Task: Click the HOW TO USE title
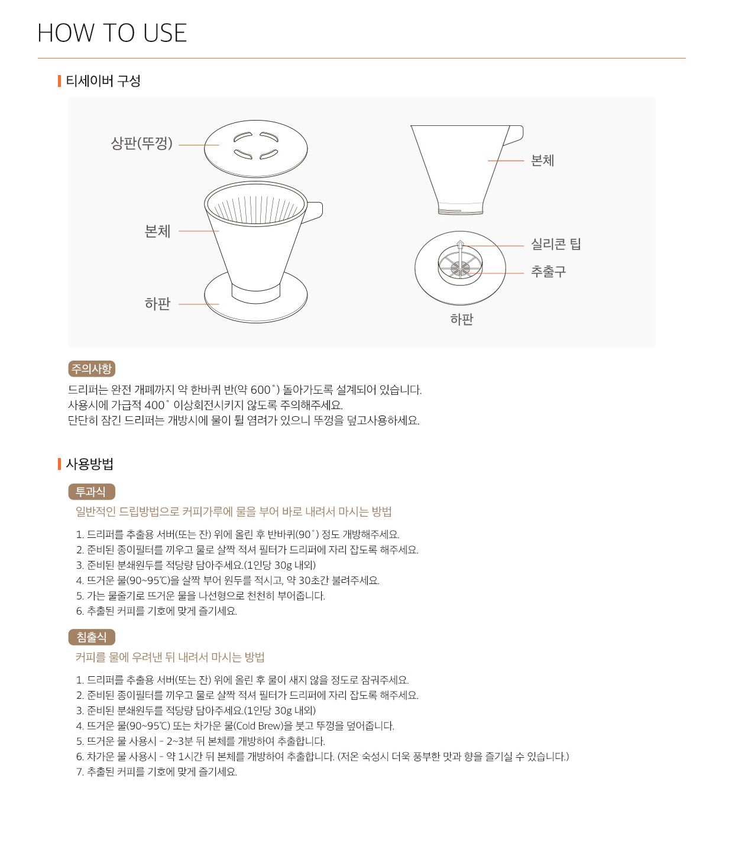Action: pos(112,33)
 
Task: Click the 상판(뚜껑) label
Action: pos(141,144)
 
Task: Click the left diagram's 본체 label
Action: pos(157,231)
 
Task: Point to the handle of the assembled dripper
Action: pos(314,210)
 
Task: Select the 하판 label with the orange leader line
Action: pos(157,304)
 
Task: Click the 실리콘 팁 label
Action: pos(556,244)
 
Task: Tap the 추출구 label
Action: pos(548,272)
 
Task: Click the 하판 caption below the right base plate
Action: pos(462,320)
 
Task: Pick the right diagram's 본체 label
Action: pos(542,161)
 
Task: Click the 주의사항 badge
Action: pos(92,369)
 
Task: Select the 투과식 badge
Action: pos(91,492)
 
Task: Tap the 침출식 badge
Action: pos(92,637)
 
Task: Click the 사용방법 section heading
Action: pos(89,464)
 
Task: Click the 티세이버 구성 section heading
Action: pos(103,81)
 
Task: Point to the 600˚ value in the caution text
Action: pos(264,390)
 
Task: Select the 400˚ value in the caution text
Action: pos(157,405)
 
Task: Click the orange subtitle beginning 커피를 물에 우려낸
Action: pos(170,657)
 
